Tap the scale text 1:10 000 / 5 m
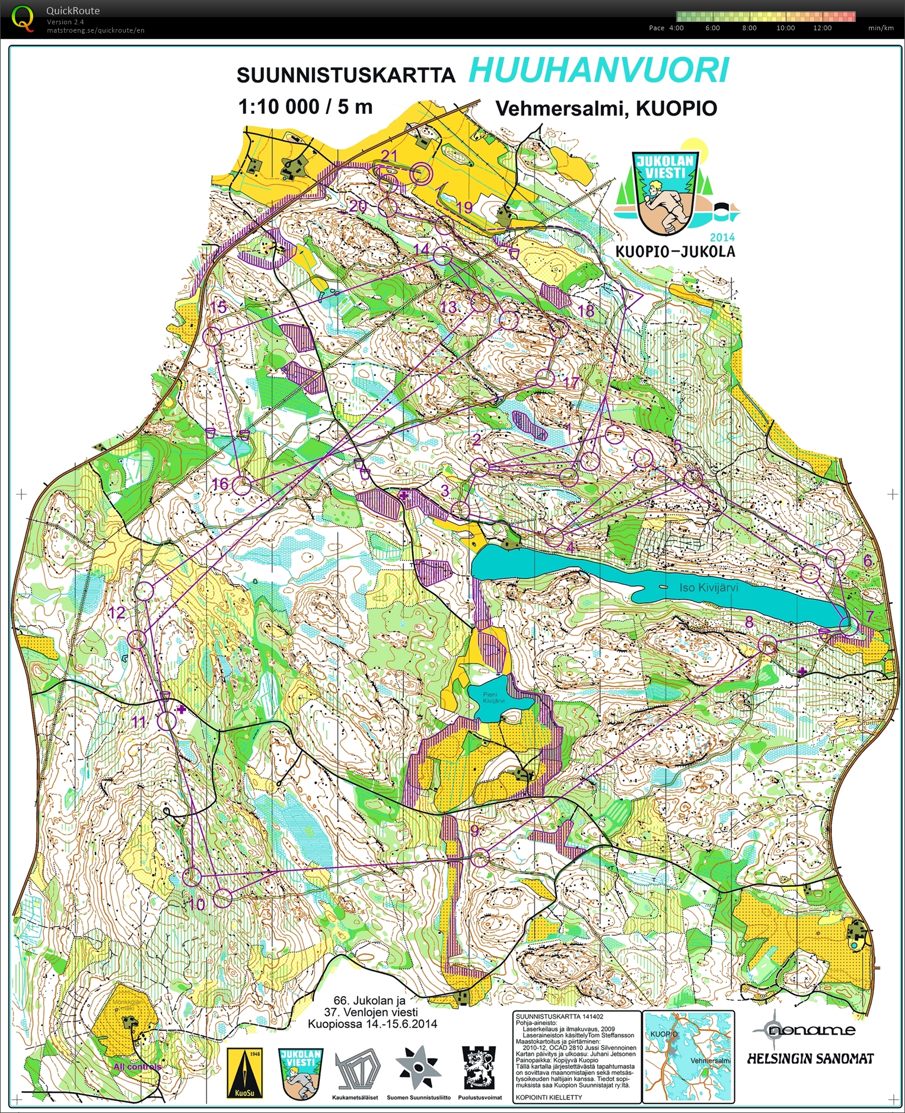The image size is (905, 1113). [305, 107]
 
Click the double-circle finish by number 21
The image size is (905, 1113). [420, 173]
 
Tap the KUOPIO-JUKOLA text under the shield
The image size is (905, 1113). [675, 252]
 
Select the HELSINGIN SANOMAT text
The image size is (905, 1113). [810, 1058]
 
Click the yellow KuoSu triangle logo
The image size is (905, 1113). [245, 1073]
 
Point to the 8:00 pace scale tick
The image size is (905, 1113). [749, 28]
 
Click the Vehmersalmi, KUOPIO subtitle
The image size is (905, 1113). [606, 109]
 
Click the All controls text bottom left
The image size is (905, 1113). [137, 1067]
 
